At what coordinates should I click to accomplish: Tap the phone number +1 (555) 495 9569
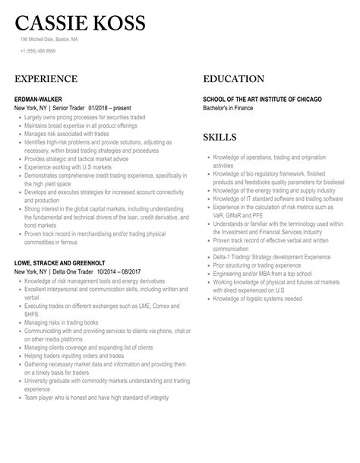pos(38,52)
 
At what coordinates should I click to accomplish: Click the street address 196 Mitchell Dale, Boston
pos(49,40)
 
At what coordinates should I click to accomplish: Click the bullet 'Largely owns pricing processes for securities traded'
pos(90,118)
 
